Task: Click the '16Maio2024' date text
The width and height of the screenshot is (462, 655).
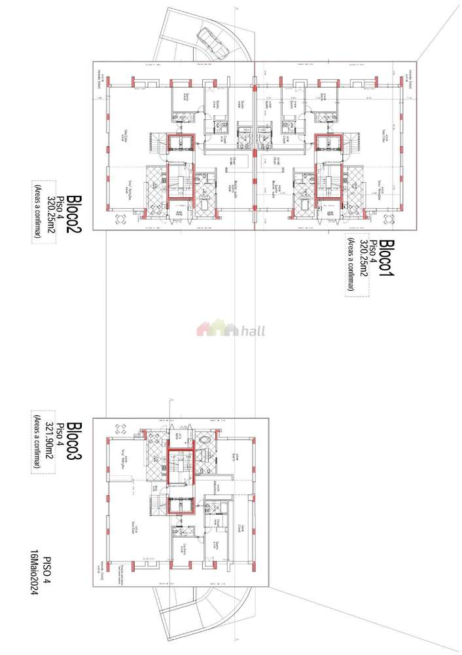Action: (x=34, y=574)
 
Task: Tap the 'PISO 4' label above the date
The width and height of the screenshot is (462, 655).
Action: (x=47, y=574)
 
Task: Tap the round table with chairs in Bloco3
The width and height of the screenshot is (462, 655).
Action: (x=120, y=430)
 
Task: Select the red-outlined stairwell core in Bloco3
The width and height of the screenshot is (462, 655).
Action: (x=181, y=466)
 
